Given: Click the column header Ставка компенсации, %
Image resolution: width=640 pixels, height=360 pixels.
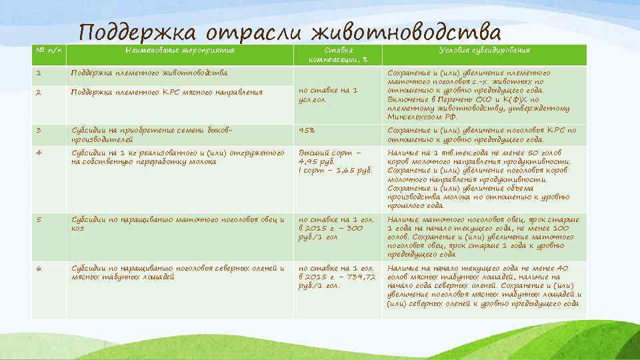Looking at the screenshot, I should pos(339,55).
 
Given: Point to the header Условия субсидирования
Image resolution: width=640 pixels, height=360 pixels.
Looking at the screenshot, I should pos(485,51).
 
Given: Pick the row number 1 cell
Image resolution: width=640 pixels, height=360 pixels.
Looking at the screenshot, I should pos(39,72).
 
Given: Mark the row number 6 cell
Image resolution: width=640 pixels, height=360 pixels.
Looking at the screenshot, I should pos(39,268).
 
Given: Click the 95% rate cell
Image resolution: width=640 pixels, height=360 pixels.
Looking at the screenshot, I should pos(307,131).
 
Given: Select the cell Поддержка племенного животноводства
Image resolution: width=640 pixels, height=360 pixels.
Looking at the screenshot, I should pos(149,72).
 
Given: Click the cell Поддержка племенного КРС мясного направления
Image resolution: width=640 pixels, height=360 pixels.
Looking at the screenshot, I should pos(167,92).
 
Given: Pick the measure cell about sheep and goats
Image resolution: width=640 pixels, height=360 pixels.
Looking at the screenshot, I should pos(177,223).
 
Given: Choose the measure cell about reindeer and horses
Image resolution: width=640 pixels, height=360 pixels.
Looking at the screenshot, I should pos(177,272).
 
